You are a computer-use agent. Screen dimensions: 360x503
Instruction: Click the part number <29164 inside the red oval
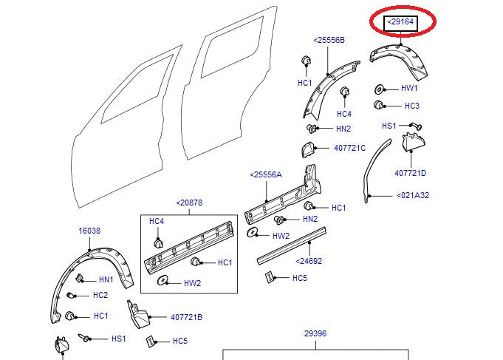(401, 24)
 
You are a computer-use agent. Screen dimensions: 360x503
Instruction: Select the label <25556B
(329, 40)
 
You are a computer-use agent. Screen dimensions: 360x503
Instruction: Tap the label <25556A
(266, 174)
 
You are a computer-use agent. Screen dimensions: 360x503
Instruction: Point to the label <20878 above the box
(189, 203)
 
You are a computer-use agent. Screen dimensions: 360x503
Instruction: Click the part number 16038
(89, 231)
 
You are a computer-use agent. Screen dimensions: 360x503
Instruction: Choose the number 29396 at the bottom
(315, 333)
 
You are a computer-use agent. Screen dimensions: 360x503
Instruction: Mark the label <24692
(309, 260)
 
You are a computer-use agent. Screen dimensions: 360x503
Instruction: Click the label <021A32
(413, 196)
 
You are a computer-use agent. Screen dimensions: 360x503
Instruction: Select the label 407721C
(349, 148)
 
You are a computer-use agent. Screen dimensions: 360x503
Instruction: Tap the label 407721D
(411, 173)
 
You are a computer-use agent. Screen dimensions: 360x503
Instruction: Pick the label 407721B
(186, 317)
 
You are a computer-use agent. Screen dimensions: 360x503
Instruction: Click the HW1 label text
(409, 88)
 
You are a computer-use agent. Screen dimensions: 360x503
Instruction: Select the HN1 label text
(106, 279)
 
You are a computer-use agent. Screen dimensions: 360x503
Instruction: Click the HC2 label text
(100, 296)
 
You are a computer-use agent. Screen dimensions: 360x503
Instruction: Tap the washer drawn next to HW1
(379, 87)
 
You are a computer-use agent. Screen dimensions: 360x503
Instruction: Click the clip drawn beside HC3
(379, 105)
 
